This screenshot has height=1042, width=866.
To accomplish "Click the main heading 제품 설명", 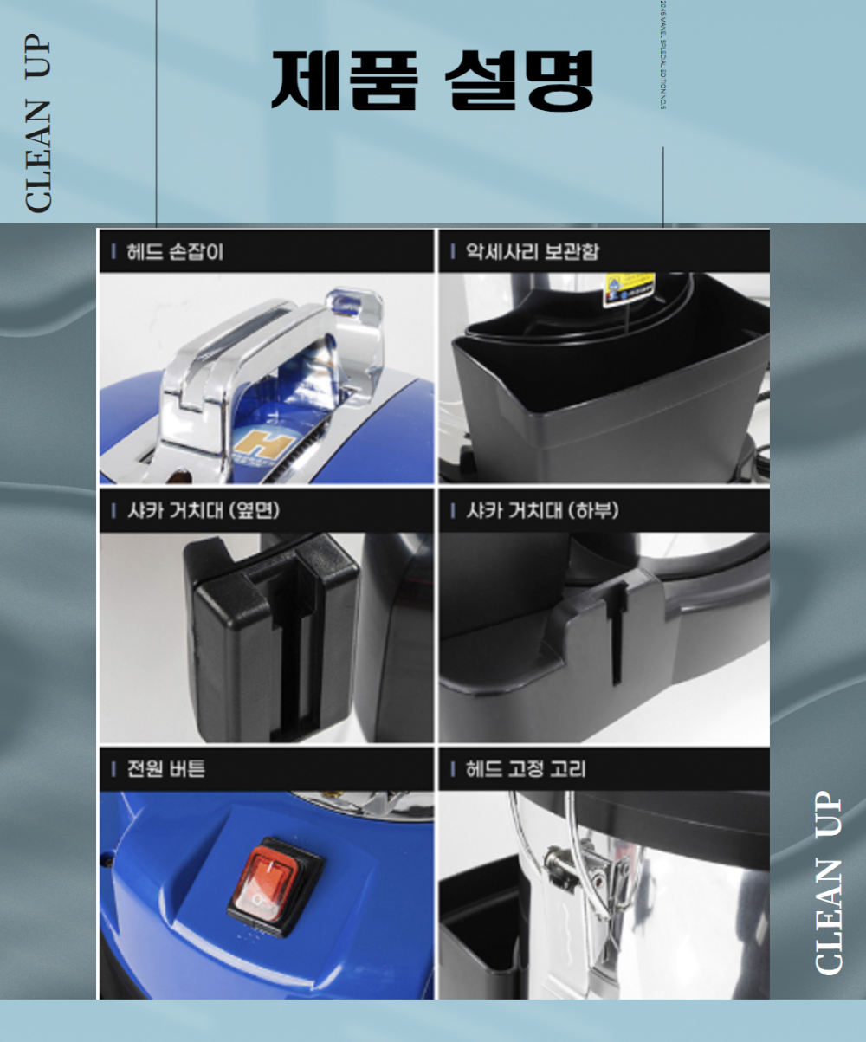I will point(432,81).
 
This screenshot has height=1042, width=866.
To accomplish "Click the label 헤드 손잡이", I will point(174,252).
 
